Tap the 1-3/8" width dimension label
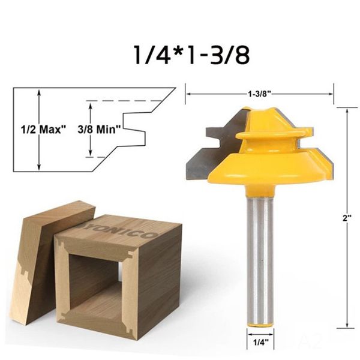(x=259, y=94)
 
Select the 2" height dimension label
(x=346, y=219)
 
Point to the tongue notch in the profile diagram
(x=135, y=128)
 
